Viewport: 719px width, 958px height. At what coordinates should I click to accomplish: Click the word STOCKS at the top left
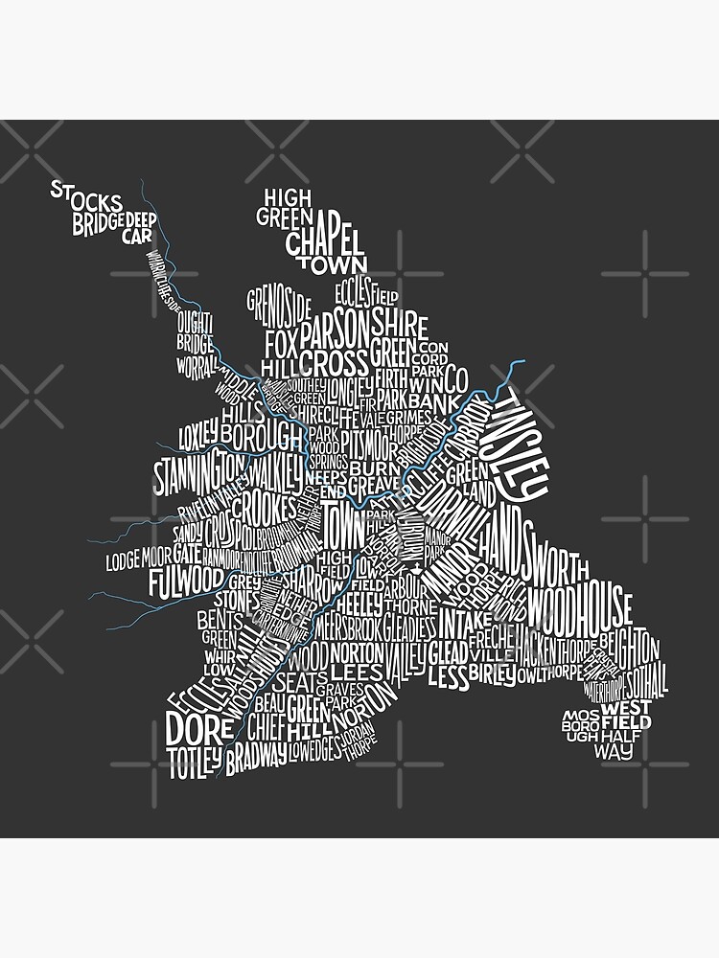tap(86, 196)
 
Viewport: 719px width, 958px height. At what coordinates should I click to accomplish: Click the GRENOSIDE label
tap(279, 308)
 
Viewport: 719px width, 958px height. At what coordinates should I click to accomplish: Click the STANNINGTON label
tap(199, 471)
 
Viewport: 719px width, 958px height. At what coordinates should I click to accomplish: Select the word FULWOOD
tap(186, 581)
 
